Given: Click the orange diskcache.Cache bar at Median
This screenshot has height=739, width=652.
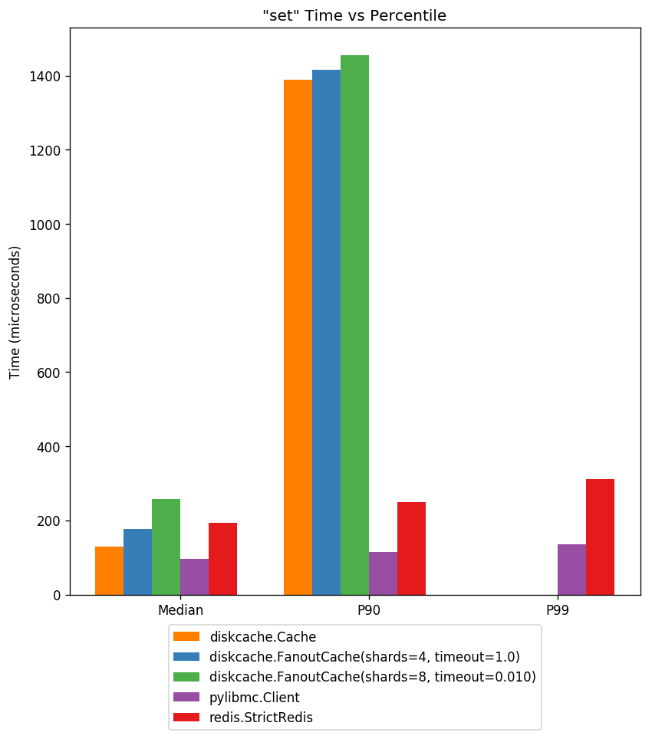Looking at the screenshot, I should tap(109, 570).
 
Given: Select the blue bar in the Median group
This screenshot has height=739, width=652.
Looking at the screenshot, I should tap(137, 562).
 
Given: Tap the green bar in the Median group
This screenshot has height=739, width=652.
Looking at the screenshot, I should tap(166, 547).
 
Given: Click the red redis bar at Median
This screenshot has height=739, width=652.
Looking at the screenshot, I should tap(222, 559).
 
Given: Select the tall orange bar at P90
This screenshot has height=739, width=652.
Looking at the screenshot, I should tap(298, 337).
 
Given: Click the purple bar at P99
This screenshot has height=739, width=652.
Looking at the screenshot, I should tap(571, 570).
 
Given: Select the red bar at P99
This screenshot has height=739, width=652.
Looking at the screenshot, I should tap(600, 537).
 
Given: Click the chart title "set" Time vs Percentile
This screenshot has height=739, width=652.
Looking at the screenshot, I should tap(354, 15).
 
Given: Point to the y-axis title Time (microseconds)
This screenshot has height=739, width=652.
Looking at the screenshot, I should tap(15, 312).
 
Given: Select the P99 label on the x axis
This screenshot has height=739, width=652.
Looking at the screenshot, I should tap(558, 611).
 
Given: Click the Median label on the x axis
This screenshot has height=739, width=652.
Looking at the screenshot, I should tap(180, 611).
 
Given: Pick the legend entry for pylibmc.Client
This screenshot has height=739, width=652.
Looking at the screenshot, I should tap(254, 698).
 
